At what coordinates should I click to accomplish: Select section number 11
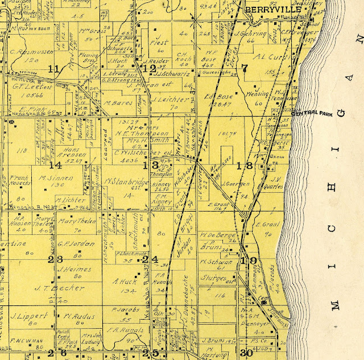(x=54, y=69)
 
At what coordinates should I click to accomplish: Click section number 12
(x=149, y=69)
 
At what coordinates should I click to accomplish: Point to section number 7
(x=245, y=69)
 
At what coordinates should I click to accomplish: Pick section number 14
(x=55, y=165)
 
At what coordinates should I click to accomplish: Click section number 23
(x=55, y=260)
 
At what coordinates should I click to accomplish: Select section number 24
(x=150, y=260)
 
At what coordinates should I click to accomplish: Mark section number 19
(x=249, y=260)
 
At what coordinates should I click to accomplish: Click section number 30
(x=246, y=353)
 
